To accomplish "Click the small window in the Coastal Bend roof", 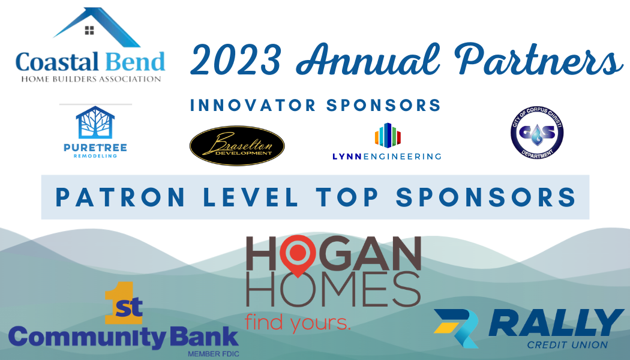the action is [x=89, y=30].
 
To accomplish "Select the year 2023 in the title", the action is [x=235, y=60].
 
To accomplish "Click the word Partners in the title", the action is [x=538, y=59].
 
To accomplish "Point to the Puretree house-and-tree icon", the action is [x=95, y=122].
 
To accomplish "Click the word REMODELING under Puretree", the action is [x=95, y=156].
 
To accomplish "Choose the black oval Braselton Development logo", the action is [x=237, y=146].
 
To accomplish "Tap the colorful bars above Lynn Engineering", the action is [x=388, y=136].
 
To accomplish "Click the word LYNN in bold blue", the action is [x=347, y=157].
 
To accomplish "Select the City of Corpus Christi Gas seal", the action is [x=537, y=133].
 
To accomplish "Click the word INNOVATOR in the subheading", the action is [x=253, y=105].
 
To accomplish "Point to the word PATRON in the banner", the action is [x=120, y=197].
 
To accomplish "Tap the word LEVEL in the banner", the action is [x=251, y=197].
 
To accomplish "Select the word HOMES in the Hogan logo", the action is [x=334, y=289].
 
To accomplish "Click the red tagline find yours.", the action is [x=298, y=322].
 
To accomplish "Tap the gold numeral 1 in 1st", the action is [x=114, y=302].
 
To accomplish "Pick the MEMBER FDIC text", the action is [x=214, y=354].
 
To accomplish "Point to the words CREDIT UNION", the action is [x=568, y=345].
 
